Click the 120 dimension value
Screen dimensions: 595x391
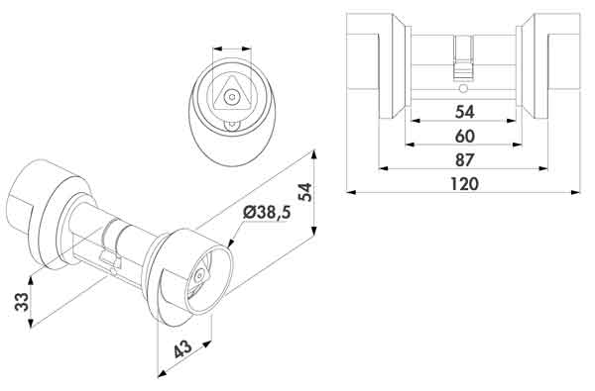[x=464, y=184]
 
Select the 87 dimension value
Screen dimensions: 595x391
[x=464, y=160]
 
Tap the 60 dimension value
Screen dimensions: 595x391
[x=464, y=137]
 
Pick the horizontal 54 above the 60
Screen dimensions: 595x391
[x=464, y=112]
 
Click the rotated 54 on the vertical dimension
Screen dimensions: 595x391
[x=305, y=192]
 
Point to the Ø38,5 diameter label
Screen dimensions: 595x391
[x=267, y=213]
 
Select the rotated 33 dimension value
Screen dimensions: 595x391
[x=22, y=302]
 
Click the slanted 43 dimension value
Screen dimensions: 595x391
[x=183, y=349]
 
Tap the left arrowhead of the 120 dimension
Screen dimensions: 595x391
[x=351, y=192]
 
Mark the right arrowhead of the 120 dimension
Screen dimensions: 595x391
[x=575, y=192]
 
